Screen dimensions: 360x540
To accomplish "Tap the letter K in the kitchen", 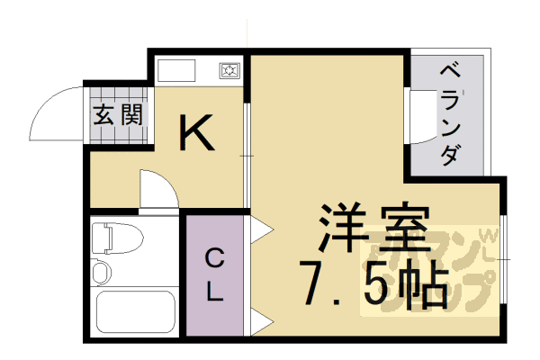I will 195,134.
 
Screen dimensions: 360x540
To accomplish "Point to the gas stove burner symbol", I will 229,69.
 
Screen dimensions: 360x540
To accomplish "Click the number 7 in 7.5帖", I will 318,283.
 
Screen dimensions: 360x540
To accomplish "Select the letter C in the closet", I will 214,260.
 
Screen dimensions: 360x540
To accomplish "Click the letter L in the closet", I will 214,291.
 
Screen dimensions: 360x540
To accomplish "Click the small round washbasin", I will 100,271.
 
